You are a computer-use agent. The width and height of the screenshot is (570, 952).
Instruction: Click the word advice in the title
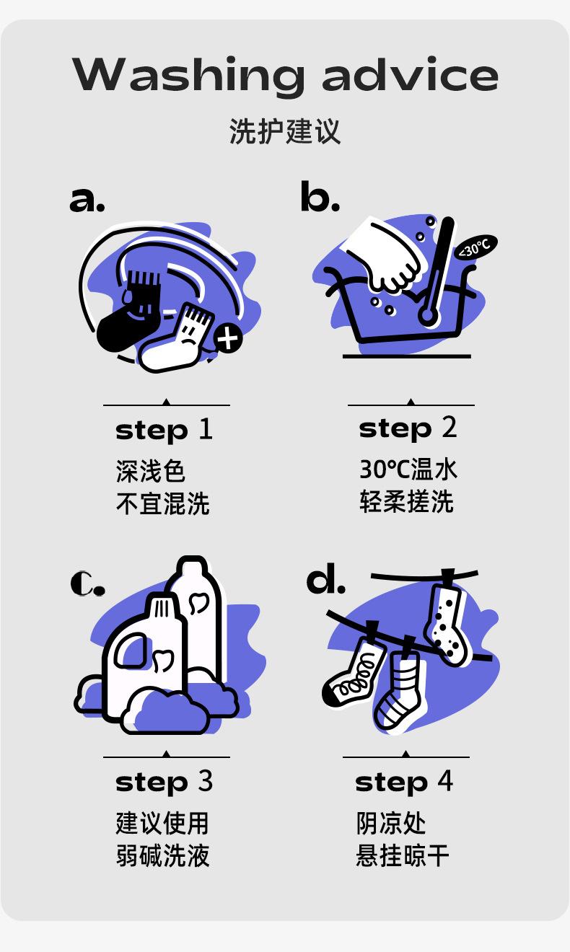[x=410, y=75]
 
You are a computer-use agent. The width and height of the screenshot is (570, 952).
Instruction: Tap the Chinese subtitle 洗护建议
[x=284, y=132]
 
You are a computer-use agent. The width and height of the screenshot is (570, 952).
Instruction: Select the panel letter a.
[x=87, y=199]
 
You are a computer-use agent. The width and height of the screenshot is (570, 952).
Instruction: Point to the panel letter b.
[x=319, y=198]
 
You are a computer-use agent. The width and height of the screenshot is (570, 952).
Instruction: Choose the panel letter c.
[x=87, y=583]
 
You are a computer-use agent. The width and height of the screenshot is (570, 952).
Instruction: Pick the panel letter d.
[x=325, y=581]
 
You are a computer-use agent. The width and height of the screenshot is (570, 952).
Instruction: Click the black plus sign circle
[x=228, y=338]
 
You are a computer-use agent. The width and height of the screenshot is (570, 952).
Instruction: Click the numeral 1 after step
[x=206, y=429]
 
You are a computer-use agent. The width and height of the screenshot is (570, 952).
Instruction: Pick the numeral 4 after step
[x=444, y=781]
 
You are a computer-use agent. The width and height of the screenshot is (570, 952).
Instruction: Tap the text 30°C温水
[x=408, y=470]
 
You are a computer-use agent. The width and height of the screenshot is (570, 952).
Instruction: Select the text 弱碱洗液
[x=162, y=856]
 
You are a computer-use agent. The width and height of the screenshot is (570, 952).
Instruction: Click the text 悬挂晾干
[x=402, y=856]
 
